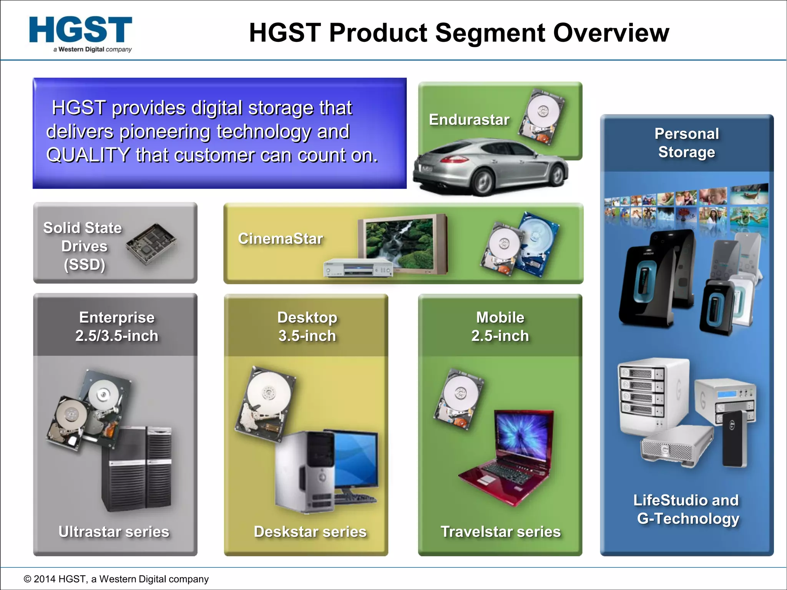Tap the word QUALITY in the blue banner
coord(88,156)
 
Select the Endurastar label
coord(469,120)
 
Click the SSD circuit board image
coord(151,244)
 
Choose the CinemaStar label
coord(281,239)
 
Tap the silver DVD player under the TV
coord(357,268)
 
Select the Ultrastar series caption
coord(114,532)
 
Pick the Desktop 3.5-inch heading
coord(307,326)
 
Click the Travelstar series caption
coord(500,532)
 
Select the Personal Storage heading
coord(687,143)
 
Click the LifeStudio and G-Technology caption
coord(687,509)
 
